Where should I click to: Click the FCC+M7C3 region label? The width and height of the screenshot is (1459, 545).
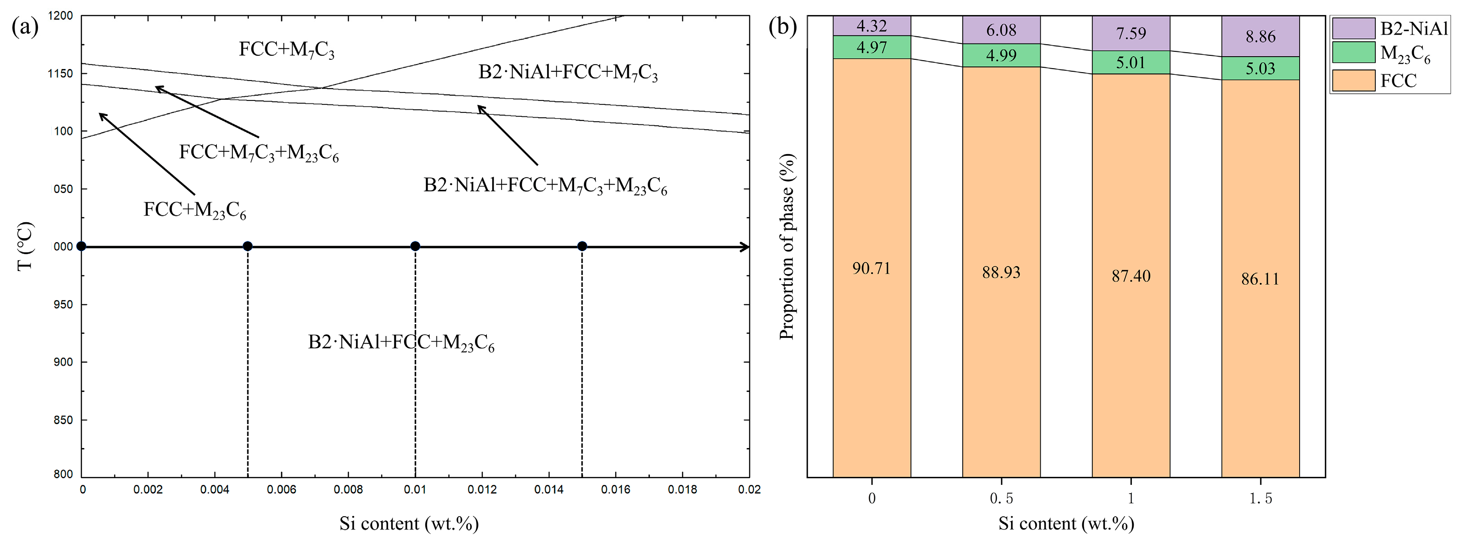pyautogui.click(x=286, y=50)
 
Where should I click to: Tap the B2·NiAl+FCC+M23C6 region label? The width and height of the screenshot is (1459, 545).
pyautogui.click(x=401, y=343)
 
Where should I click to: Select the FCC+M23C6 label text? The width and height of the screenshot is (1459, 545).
pyautogui.click(x=194, y=210)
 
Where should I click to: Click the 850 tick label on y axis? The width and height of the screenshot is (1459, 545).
pyautogui.click(x=63, y=420)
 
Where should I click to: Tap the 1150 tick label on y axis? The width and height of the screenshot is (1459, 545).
pyautogui.click(x=61, y=73)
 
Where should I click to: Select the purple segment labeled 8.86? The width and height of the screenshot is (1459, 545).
pyautogui.click(x=1260, y=37)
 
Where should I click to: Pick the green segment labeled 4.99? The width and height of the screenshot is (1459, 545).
pyautogui.click(x=1001, y=55)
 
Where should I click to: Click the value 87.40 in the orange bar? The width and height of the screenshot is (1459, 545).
pyautogui.click(x=1131, y=276)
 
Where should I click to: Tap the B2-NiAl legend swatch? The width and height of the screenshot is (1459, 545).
pyautogui.click(x=1353, y=28)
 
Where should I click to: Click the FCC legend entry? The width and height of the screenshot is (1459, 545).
pyautogui.click(x=1398, y=81)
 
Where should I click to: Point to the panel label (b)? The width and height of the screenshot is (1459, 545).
pyautogui.click(x=782, y=27)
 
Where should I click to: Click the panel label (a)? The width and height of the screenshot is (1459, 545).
pyautogui.click(x=25, y=27)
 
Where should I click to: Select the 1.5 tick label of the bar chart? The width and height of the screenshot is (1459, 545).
pyautogui.click(x=1260, y=499)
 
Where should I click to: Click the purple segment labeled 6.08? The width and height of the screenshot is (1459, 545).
pyautogui.click(x=1001, y=30)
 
